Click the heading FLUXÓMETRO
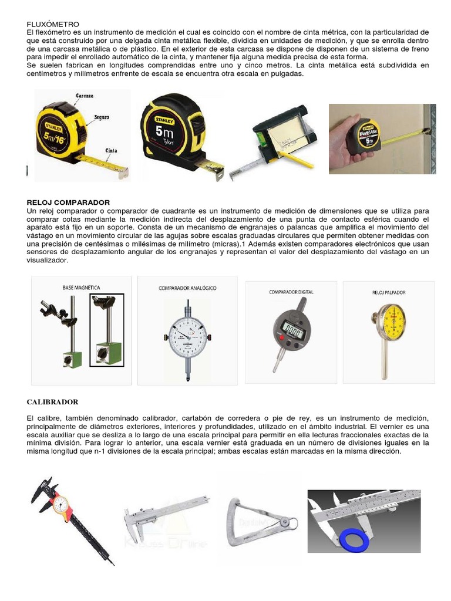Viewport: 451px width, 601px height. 53,24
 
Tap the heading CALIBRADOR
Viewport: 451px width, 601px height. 52,402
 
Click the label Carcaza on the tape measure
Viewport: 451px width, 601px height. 86,95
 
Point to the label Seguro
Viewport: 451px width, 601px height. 102,117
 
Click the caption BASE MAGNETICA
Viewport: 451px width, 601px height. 81,288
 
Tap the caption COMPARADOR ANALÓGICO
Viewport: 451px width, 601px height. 187,288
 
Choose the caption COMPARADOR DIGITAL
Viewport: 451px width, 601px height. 291,292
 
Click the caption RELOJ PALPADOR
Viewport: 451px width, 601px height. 389,292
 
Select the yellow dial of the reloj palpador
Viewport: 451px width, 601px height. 389,320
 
